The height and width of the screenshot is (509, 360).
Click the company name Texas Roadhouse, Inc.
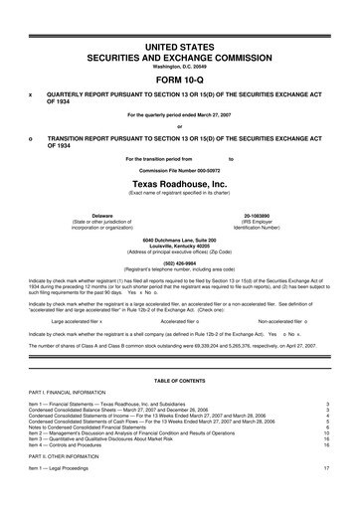coord(180,184)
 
